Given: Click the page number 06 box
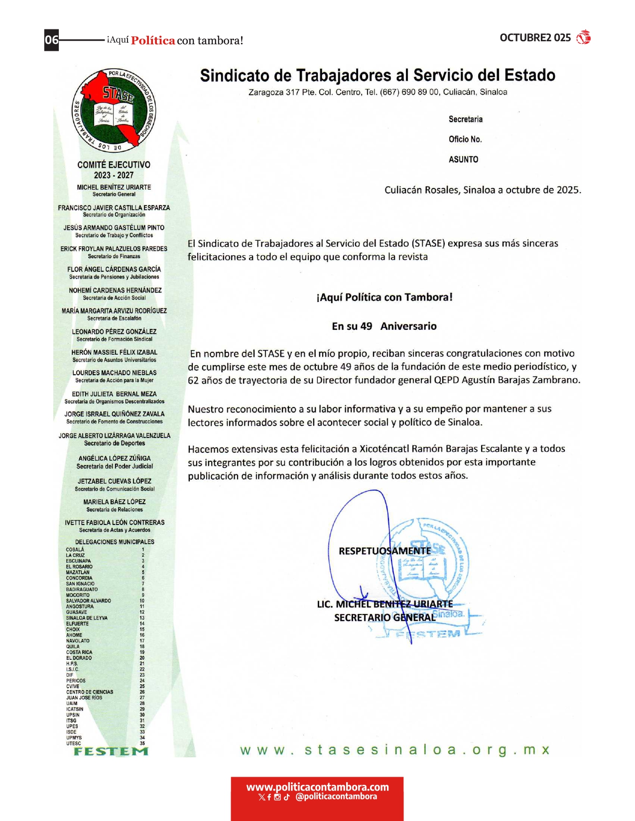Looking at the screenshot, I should (52, 40).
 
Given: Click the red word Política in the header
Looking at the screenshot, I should (153, 41).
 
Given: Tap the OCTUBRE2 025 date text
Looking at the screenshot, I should (535, 38).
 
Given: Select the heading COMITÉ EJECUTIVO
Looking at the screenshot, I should (114, 165).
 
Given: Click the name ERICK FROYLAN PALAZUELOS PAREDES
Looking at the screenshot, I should (114, 249).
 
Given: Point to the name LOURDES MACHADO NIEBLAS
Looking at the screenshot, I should (115, 373).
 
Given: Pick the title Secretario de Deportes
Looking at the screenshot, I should (115, 443).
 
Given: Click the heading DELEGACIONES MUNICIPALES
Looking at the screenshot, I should (115, 542).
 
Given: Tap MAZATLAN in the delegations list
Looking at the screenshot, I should (78, 572).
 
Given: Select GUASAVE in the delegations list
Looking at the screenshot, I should (77, 612).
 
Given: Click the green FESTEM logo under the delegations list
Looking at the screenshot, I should (111, 751).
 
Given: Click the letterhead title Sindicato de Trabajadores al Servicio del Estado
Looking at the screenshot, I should (378, 75).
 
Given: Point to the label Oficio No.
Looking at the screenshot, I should (465, 139).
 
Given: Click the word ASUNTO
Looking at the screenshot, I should (463, 160).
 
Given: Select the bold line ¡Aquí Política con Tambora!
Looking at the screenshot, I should (384, 298).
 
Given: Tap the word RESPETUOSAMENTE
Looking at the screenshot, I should (384, 551).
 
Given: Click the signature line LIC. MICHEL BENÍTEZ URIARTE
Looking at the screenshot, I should (384, 604).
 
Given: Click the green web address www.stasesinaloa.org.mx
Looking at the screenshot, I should (394, 750).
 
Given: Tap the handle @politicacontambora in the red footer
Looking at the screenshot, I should (336, 797).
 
